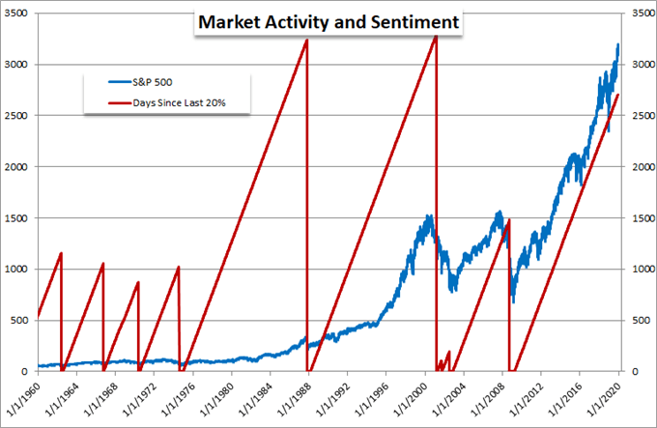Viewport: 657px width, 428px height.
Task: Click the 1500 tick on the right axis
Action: coord(639,217)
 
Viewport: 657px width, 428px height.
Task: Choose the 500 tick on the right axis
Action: coord(636,320)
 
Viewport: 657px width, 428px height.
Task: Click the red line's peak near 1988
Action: coord(306,41)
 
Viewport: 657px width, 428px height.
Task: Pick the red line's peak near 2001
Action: coord(436,36)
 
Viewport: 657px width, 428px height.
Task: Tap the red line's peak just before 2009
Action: coord(508,220)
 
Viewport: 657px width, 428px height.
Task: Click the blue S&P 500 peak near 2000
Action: coord(428,216)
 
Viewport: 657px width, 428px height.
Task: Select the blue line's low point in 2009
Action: coord(513,301)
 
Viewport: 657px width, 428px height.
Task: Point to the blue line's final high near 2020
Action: coord(618,44)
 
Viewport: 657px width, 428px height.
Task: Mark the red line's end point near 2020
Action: coord(618,95)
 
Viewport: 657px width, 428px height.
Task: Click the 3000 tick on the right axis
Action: coord(639,65)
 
